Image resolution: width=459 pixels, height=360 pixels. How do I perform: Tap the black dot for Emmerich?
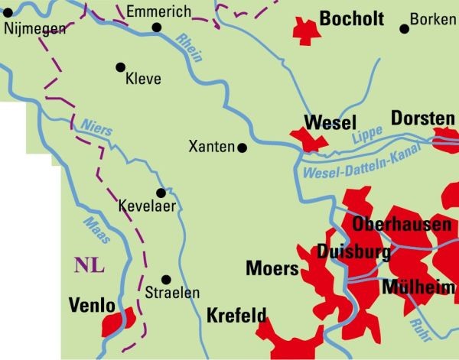(x=157, y=28)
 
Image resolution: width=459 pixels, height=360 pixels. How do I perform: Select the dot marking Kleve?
(x=120, y=67)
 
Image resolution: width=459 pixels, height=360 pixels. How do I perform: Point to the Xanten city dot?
(x=243, y=148)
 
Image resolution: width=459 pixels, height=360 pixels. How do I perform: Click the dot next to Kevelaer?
(x=161, y=193)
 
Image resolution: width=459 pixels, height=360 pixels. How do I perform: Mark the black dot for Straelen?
(x=166, y=280)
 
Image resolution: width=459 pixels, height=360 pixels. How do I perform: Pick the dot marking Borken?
(x=404, y=29)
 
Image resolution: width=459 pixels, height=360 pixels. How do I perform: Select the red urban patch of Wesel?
(x=309, y=140)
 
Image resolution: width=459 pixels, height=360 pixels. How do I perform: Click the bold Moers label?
(x=272, y=269)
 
